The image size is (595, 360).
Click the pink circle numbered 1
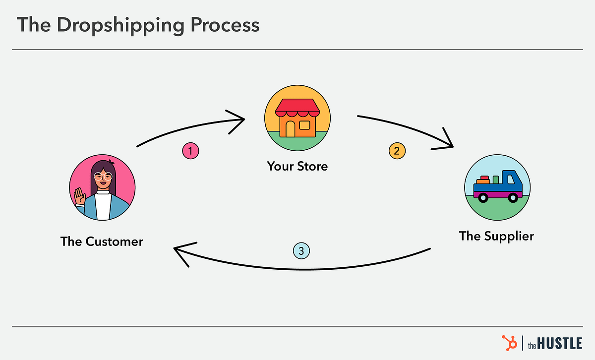point(191,151)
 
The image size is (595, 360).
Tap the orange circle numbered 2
point(397,151)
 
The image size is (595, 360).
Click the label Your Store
point(297,166)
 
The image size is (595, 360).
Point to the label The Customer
point(102,241)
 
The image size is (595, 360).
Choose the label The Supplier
point(496,236)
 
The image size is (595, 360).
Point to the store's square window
point(304,125)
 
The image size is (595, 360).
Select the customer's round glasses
point(102,177)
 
